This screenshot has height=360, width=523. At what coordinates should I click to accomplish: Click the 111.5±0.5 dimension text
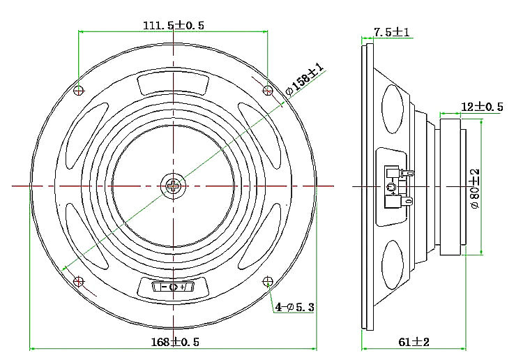point(173,25)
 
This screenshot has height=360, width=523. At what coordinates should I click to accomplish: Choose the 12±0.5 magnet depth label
point(482,106)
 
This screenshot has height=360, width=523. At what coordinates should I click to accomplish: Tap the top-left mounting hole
point(79,90)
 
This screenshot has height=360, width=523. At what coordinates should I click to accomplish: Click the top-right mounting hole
point(268,90)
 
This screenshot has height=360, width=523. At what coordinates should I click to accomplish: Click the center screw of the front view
point(172,186)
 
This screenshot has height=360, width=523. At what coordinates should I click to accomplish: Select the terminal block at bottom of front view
point(173,287)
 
